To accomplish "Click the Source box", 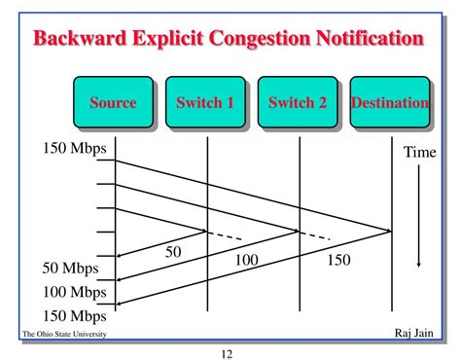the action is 114,102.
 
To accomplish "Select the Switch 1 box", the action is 205,102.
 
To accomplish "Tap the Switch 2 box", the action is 297,102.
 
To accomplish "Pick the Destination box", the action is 389,102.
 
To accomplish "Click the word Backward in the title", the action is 76,40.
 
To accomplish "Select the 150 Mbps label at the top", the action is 74,149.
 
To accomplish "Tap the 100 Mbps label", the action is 74,291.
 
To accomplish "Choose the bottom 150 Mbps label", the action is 74,315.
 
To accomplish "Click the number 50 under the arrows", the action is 173,252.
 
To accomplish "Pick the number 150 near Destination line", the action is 337,260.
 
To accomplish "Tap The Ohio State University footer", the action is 64,334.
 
